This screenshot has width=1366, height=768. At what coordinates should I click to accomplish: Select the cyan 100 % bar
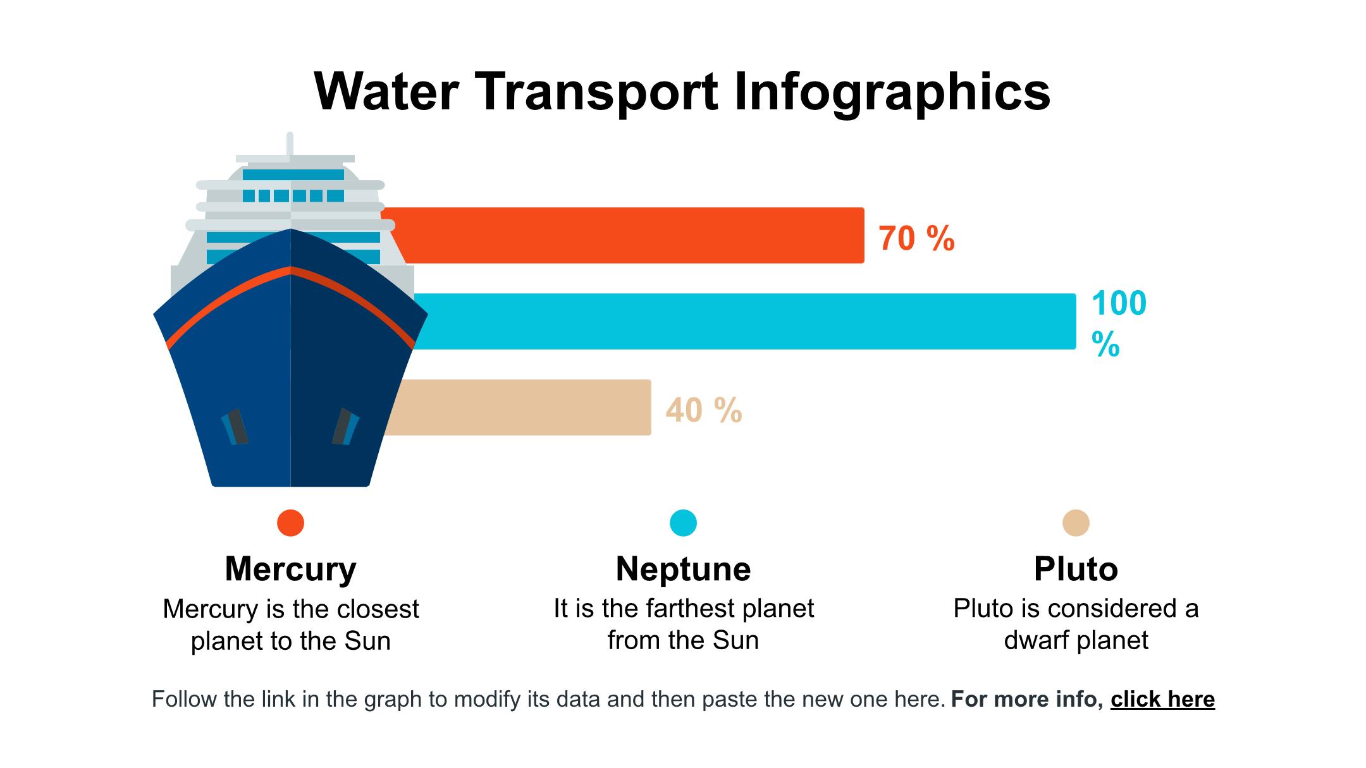(x=746, y=321)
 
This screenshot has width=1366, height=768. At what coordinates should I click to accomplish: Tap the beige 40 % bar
(x=519, y=407)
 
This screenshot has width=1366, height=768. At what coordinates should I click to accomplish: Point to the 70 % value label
(x=916, y=239)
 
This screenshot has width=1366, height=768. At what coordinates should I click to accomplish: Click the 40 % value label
(x=703, y=410)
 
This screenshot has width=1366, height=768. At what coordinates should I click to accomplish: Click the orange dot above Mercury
(x=290, y=523)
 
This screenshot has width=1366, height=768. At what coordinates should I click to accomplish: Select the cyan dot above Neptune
(x=683, y=523)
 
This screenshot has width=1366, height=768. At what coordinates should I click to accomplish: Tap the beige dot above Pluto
(x=1076, y=523)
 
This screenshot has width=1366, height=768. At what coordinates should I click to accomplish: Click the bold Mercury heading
(x=290, y=569)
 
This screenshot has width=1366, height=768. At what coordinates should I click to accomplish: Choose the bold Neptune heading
(x=683, y=569)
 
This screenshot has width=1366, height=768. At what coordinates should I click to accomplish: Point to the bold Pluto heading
(x=1076, y=569)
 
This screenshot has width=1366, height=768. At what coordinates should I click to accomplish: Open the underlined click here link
(x=1162, y=700)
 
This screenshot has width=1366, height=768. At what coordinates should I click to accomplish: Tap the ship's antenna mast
(x=290, y=143)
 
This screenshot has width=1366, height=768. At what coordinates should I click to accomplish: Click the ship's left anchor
(x=235, y=427)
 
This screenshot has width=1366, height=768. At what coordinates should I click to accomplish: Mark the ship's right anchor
(x=345, y=427)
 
